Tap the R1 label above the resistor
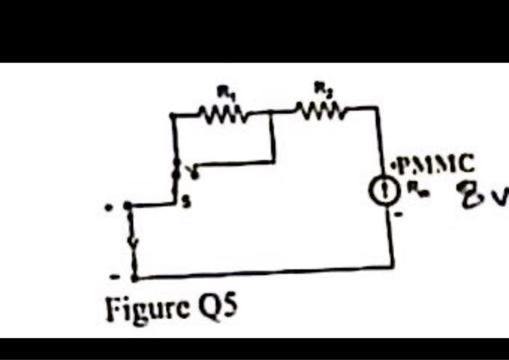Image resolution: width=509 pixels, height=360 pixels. tap(225, 91)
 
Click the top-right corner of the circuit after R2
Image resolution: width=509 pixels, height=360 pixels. tap(380, 108)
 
